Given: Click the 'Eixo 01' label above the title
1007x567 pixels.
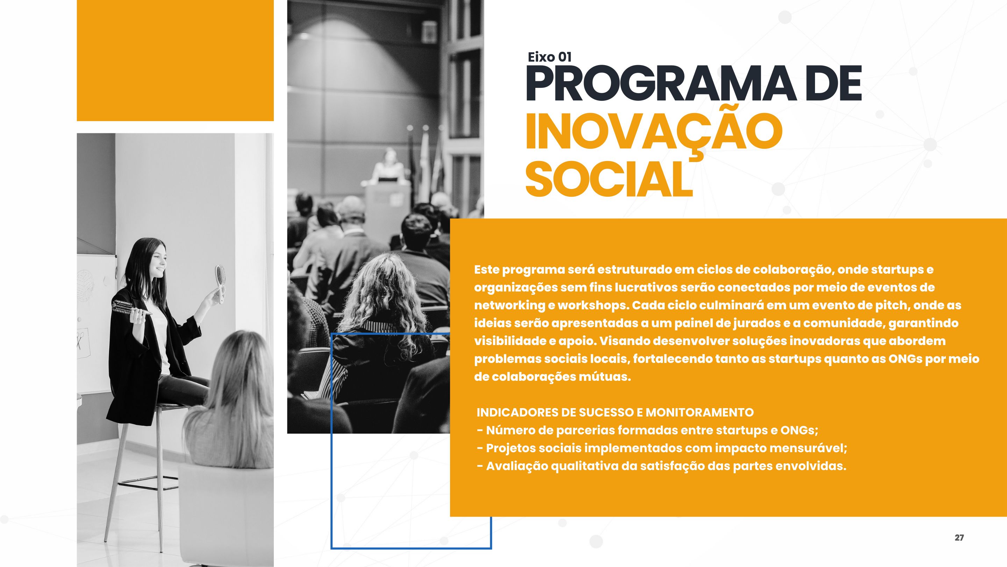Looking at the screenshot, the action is click(x=550, y=57).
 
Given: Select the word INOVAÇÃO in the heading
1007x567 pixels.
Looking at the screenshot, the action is click(x=654, y=133).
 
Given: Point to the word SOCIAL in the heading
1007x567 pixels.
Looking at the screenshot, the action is click(x=609, y=180).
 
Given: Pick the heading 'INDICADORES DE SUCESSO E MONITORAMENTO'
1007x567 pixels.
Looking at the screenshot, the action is click(x=615, y=412).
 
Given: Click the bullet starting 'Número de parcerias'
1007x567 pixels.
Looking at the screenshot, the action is click(x=648, y=430).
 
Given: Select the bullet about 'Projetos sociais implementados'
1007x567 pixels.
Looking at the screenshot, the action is click(x=662, y=448).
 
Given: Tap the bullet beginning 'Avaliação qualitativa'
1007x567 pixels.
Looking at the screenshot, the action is click(x=662, y=466).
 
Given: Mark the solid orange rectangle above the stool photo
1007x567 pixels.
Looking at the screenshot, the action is click(x=175, y=60).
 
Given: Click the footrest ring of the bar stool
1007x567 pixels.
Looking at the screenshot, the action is click(x=149, y=483).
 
